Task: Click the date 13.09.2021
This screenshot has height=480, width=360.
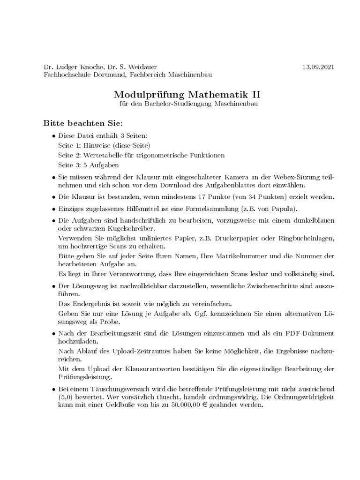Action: click(319, 67)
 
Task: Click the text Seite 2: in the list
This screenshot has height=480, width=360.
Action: click(70, 155)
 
